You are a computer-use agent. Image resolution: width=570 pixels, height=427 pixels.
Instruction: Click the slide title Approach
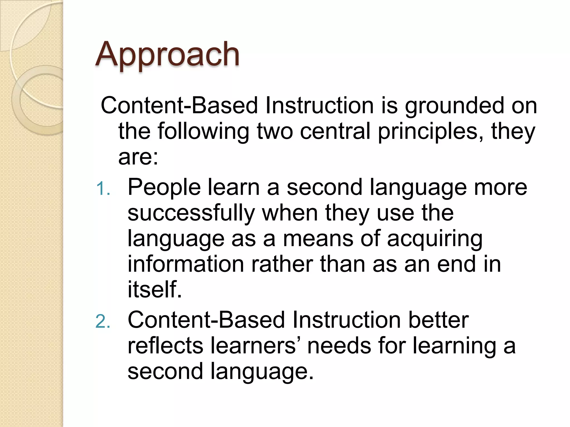pos(167,54)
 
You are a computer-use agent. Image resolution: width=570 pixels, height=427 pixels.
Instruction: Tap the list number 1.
pos(103,189)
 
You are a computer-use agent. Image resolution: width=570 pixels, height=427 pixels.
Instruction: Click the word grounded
pos(454,106)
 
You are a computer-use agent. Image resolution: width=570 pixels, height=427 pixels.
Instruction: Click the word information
pos(186,264)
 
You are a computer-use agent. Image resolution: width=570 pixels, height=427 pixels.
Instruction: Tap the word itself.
pos(155,290)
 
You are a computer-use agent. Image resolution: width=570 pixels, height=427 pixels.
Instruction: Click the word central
pos(335,132)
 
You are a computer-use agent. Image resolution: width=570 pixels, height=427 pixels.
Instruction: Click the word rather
pos(282,264)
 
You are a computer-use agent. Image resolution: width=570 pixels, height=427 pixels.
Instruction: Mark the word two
pos(275,132)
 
